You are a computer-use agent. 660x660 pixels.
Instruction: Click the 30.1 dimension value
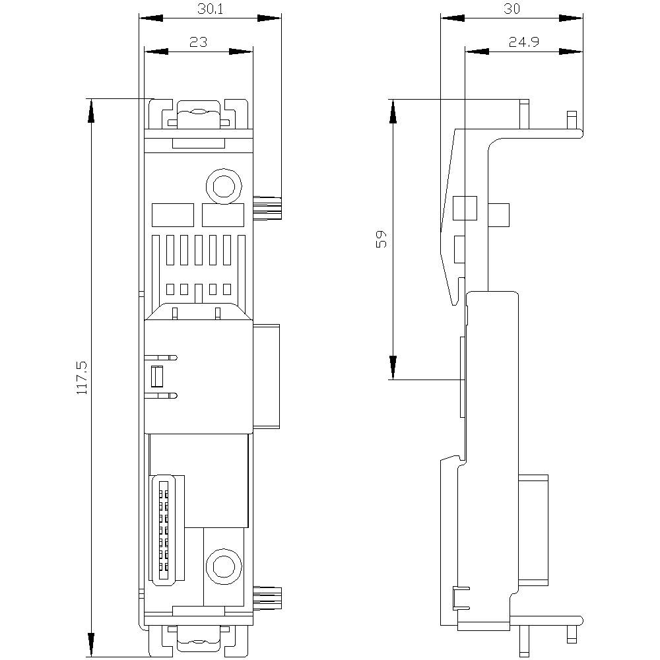tap(210, 9)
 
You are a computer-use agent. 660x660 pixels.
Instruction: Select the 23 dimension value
tap(198, 42)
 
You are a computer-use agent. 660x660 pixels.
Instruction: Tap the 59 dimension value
tap(381, 239)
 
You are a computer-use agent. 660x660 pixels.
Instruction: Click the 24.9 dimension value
tap(524, 42)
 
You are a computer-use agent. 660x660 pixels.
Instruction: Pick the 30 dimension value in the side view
tap(512, 9)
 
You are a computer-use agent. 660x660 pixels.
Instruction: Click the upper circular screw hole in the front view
tap(224, 185)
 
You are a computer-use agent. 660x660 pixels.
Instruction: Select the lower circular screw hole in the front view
tap(224, 566)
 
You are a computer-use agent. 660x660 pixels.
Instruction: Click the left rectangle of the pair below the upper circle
tap(172, 215)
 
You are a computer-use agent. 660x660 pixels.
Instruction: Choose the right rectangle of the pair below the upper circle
tap(223, 215)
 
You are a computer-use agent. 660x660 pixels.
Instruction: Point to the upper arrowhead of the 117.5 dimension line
tap(90, 111)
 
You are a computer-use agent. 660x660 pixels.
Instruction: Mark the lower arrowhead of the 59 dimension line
tap(393, 368)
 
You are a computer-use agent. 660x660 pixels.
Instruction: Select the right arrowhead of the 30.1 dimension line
tap(269, 18)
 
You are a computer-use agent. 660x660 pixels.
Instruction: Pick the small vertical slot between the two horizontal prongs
tap(157, 376)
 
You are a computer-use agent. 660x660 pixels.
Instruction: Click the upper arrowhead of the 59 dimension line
tap(393, 111)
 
